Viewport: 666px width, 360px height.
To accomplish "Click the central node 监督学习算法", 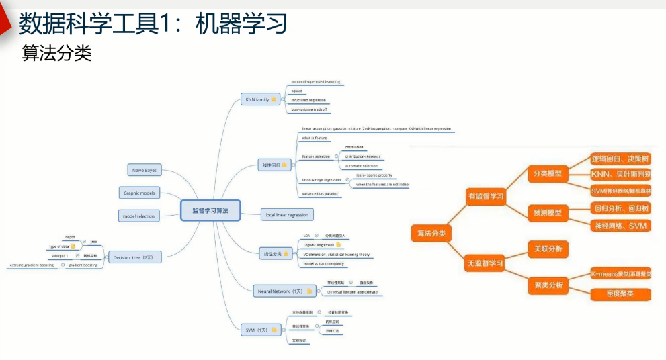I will [x=210, y=211].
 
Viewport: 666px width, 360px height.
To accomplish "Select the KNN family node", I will [x=259, y=99].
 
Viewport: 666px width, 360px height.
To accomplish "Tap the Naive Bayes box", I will [x=145, y=171].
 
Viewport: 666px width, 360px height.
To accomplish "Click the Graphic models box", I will [x=139, y=193].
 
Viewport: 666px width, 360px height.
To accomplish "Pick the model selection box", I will [x=138, y=216].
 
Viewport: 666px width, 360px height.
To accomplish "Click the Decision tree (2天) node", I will [x=134, y=257].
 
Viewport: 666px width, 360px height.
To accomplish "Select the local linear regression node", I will [x=287, y=215].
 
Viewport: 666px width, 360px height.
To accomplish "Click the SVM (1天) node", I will [x=259, y=330].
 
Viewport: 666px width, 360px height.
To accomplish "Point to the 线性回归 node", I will [x=276, y=164].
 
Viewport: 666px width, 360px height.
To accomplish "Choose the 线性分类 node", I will [x=276, y=253].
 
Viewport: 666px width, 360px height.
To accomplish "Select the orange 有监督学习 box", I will [x=486, y=196].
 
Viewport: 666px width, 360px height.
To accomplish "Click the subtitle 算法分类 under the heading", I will [x=56, y=54].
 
